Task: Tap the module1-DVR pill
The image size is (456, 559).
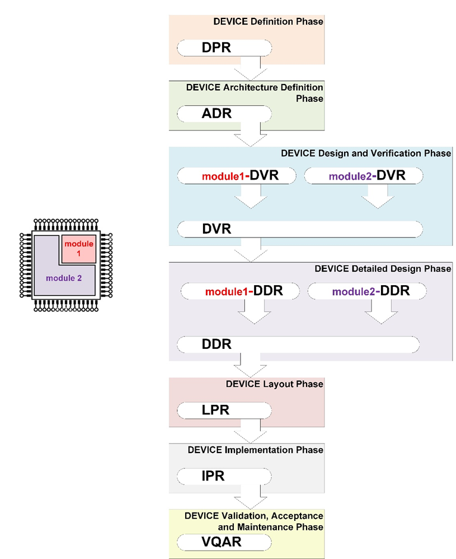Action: (238, 176)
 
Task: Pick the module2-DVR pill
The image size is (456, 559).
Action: (364, 176)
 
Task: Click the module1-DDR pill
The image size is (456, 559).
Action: (242, 292)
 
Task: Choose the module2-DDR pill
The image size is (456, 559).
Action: (367, 292)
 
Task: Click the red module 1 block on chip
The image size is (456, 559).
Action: (79, 249)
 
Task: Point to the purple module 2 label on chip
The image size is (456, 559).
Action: (63, 278)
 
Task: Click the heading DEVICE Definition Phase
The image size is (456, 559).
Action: (268, 21)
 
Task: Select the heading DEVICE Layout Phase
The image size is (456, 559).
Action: (274, 384)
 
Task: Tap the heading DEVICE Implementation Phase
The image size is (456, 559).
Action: (255, 449)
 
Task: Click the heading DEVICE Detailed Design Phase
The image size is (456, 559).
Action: (383, 268)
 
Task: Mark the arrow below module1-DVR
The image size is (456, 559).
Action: (251, 196)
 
